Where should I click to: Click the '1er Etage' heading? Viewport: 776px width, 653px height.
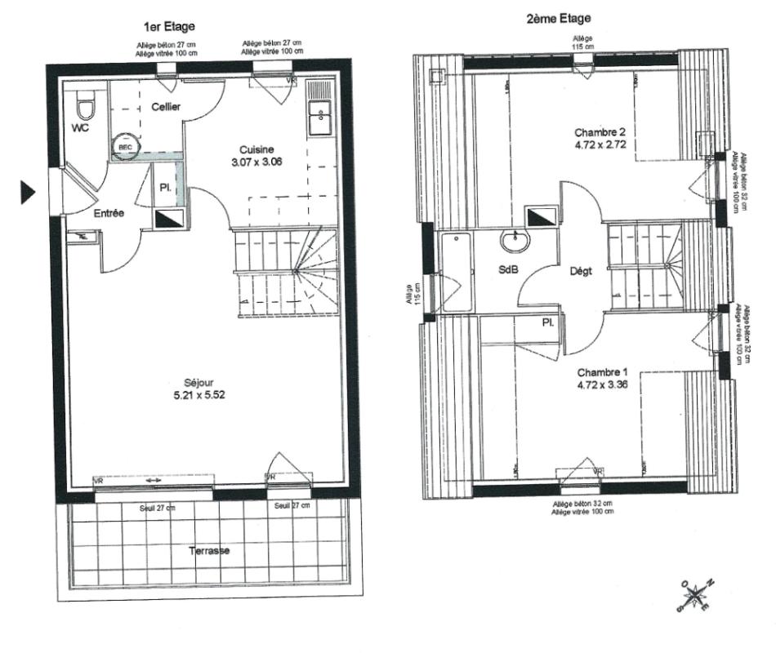click(169, 27)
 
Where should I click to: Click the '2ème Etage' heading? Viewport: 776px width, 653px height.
click(559, 18)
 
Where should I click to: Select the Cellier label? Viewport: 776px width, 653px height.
click(166, 107)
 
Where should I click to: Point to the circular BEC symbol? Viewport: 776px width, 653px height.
click(125, 147)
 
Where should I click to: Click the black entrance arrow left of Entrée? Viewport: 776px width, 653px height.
click(29, 193)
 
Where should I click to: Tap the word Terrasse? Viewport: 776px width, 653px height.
click(210, 550)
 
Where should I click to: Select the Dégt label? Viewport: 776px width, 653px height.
click(580, 272)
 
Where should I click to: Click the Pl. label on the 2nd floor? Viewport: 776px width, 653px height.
click(547, 323)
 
